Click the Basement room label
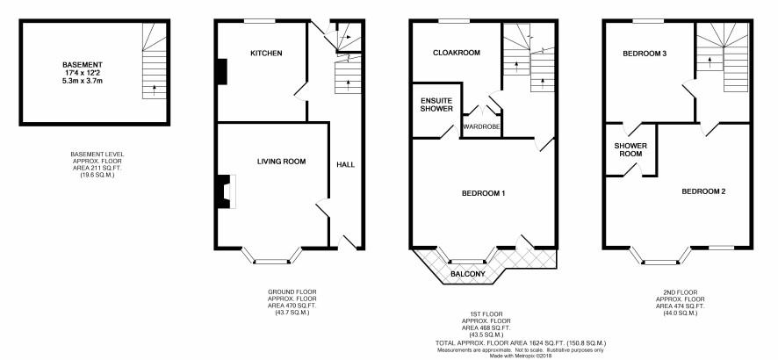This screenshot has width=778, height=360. click(x=83, y=64)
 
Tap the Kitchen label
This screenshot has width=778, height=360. click(x=266, y=53)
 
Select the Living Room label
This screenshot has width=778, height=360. click(x=281, y=162)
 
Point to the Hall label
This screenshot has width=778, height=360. click(x=346, y=164)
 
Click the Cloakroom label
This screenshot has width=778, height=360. click(x=457, y=53)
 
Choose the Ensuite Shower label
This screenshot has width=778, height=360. click(x=436, y=104)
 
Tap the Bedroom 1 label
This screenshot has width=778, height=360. click(x=483, y=193)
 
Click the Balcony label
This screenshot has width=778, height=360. click(x=468, y=274)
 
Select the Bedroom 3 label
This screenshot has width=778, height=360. click(x=645, y=54)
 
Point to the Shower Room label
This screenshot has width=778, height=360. click(x=630, y=150)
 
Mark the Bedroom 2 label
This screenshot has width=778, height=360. click(x=703, y=191)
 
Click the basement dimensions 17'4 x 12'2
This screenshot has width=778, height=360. click(x=83, y=72)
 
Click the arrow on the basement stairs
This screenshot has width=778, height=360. click(x=155, y=90)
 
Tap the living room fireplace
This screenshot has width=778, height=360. click(x=227, y=191)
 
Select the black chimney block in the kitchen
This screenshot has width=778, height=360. click(x=222, y=72)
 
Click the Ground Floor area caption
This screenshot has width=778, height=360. click(x=292, y=302)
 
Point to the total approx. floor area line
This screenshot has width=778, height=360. click(x=521, y=343)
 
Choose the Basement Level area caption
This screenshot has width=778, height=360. click(x=97, y=164)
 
